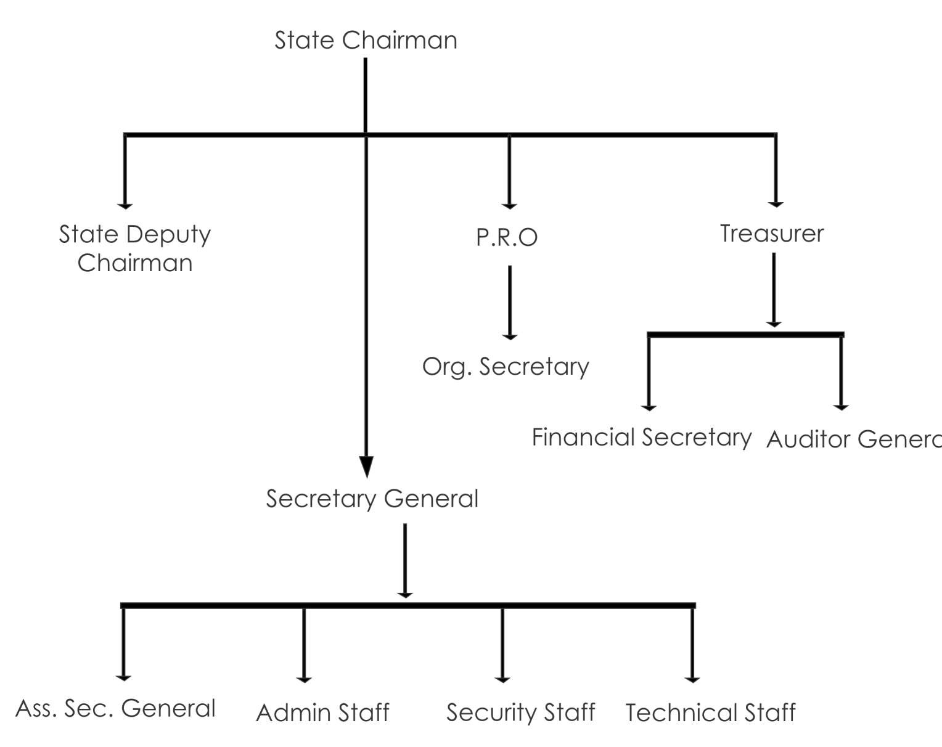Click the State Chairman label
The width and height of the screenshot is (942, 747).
point(366,41)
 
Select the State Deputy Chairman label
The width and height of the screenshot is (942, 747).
point(135,248)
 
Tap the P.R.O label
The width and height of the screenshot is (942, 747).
point(507,237)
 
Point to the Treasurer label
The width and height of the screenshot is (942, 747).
point(772,234)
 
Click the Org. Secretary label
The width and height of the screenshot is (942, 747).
point(506,367)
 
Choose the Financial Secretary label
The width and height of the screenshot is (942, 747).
point(641,438)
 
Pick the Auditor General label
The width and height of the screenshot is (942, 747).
point(854,439)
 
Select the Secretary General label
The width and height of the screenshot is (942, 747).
point(372,499)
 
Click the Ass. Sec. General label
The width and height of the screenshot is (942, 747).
point(115,709)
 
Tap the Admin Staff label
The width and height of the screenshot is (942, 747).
point(322,713)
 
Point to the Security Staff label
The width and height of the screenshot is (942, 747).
point(520,712)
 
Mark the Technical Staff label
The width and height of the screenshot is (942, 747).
point(710,713)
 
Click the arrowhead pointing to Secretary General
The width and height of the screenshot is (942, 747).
point(366,467)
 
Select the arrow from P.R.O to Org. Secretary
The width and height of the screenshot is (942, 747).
point(509,302)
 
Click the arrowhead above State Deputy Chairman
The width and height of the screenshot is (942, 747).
point(125,205)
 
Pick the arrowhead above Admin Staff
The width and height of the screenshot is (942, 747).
point(304,679)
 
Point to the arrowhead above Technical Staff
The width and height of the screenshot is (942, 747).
point(692,679)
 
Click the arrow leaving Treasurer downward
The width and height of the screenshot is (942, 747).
point(774,290)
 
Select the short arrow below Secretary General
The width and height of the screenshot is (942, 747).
point(404,561)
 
